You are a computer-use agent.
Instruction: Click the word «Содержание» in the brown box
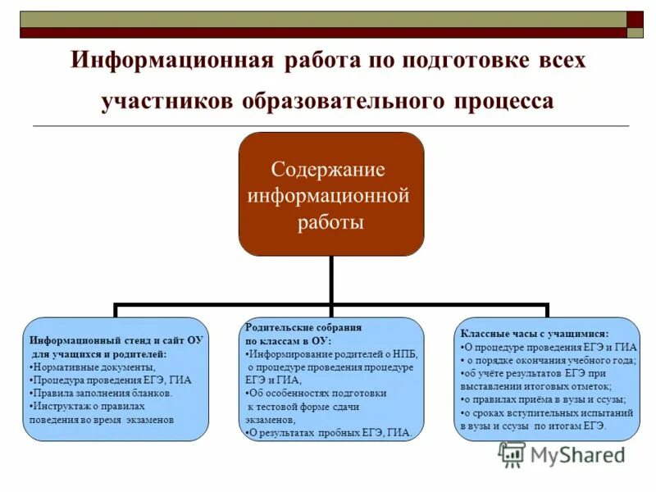(328, 170)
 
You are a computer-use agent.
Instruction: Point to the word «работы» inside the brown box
(330, 221)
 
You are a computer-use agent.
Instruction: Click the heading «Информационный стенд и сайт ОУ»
(116, 339)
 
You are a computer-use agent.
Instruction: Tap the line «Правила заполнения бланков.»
(100, 393)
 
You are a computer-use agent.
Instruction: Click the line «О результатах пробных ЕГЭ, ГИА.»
(330, 432)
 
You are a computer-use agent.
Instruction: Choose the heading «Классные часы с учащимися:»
(534, 334)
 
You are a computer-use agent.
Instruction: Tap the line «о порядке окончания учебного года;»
(548, 360)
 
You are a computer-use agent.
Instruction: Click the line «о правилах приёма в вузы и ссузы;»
(544, 399)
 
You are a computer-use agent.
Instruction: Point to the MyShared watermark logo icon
(512, 454)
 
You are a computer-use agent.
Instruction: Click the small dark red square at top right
(635, 20)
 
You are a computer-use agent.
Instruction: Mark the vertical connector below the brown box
(331, 280)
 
